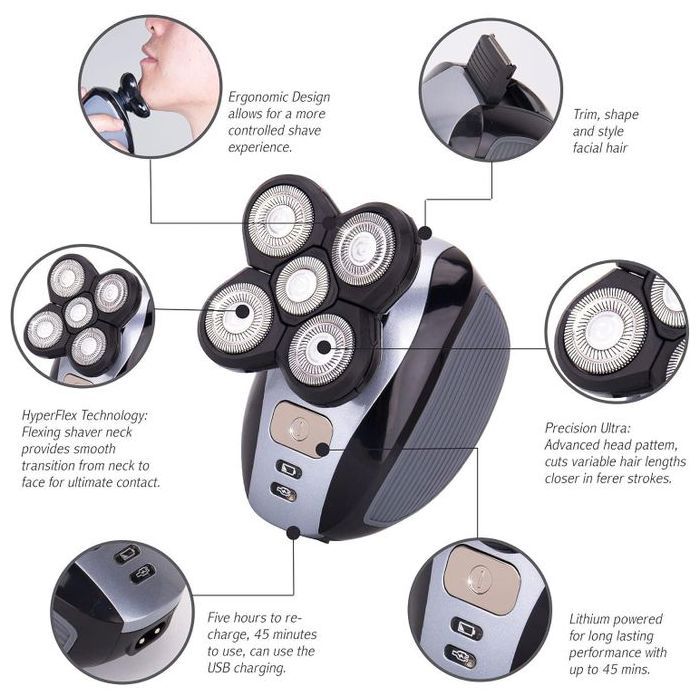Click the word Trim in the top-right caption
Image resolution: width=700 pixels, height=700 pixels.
coord(586,115)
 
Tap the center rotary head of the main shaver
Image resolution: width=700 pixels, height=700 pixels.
coord(301,284)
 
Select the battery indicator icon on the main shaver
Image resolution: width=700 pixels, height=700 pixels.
coord(288,470)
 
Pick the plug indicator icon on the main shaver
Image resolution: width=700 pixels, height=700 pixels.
coord(283,492)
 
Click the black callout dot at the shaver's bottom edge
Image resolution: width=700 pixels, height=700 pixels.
coord(293,532)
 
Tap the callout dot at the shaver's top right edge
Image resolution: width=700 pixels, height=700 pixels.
coord(425,232)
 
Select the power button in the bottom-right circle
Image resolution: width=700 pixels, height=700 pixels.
coord(482,579)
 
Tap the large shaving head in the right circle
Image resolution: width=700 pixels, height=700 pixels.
coord(605,331)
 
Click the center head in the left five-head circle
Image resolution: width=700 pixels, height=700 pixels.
coord(79,312)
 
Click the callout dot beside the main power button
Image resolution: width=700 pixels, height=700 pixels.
coord(322,450)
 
